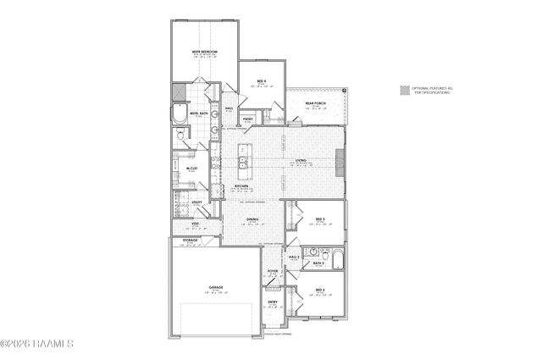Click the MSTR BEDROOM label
click(204, 53)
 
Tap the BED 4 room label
click(262, 81)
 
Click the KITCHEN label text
click(241, 187)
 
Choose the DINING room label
click(252, 220)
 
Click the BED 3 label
click(320, 219)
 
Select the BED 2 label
click(320, 291)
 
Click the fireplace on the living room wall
click(340, 161)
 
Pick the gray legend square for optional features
click(405, 89)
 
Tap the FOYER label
click(273, 271)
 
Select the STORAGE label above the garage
click(191, 241)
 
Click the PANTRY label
click(248, 119)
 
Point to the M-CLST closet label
click(192, 168)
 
